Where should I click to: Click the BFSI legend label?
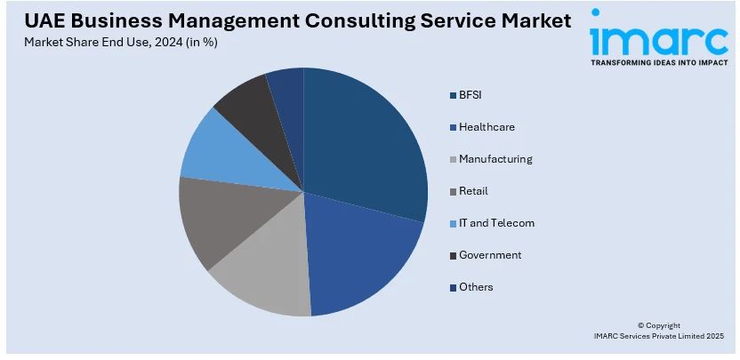point(471,94)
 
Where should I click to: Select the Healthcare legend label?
point(487,126)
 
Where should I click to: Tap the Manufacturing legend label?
point(495,158)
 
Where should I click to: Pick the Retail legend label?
point(473,190)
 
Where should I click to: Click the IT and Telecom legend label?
point(496,222)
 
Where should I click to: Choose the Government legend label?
point(490,254)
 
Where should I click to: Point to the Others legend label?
point(476,286)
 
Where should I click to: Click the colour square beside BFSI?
point(453,95)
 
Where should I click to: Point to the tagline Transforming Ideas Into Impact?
point(657,64)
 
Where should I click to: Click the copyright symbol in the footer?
point(643,325)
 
